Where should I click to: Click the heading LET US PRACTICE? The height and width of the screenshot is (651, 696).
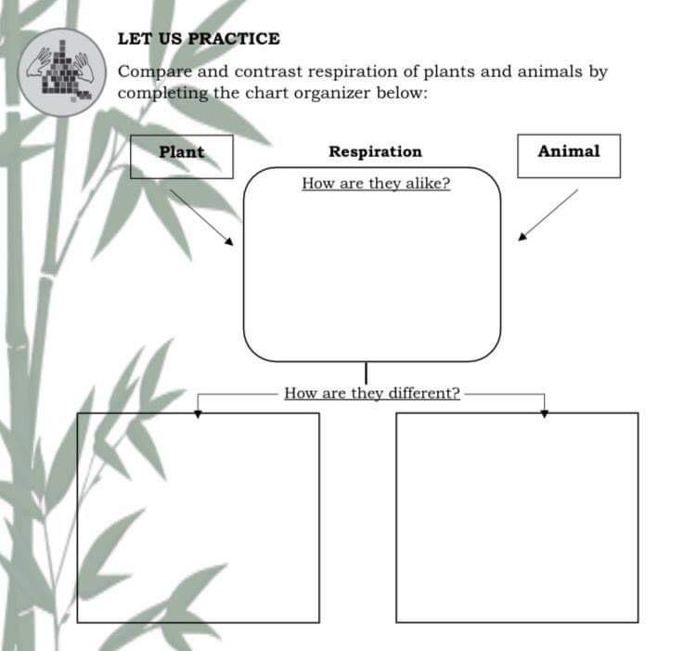199,39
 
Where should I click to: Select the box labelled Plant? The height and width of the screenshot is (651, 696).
181,155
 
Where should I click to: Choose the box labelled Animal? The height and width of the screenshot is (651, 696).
568,155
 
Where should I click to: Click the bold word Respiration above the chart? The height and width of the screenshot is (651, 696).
375,151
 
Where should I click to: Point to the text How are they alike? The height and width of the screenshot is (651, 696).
376,183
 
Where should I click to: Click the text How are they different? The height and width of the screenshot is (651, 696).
372,393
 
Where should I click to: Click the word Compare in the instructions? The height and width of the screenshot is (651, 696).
154,72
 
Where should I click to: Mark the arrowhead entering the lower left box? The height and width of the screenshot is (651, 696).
198,412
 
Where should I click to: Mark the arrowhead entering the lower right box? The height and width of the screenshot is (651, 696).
545,412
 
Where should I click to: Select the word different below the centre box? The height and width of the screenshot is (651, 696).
424,393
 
